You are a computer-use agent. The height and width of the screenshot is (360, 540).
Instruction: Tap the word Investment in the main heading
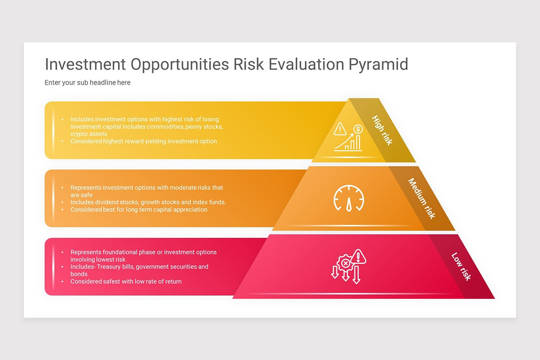[85, 64]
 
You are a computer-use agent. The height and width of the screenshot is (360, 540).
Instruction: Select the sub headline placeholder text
[87, 83]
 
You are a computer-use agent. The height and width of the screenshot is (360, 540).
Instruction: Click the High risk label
[382, 130]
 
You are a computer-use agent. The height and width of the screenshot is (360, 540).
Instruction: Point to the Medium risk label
[422, 198]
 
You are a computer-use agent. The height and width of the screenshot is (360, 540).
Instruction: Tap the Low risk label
[461, 267]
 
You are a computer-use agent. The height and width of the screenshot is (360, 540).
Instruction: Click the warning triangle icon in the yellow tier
[340, 130]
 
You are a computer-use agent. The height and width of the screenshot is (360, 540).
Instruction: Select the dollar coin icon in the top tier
[358, 129]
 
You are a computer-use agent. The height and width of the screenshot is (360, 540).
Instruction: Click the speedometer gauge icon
[349, 198]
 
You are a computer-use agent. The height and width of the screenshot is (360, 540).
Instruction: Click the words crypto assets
[89, 134]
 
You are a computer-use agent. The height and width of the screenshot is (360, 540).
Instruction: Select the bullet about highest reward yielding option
[144, 141]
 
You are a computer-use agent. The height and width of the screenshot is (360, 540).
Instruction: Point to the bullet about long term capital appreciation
[139, 209]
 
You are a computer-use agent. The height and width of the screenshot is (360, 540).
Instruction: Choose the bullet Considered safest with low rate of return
[126, 281]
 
